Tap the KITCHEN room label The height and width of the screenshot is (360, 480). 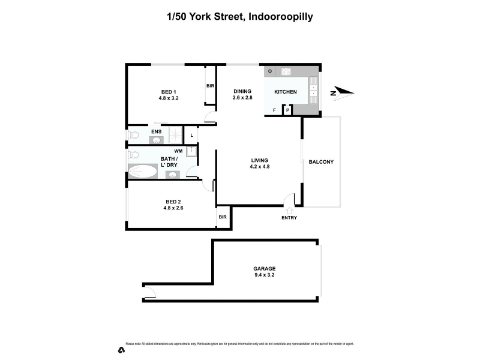pyautogui.click(x=285, y=92)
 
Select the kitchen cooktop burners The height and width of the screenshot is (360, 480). pyautogui.click(x=286, y=71)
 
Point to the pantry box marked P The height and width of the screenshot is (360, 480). pyautogui.click(x=287, y=111)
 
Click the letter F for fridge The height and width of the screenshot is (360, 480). pyautogui.click(x=275, y=110)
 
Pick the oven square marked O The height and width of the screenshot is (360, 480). pyautogui.click(x=270, y=71)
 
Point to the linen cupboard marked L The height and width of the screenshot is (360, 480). pyautogui.click(x=191, y=135)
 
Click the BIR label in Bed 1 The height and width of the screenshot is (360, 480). pyautogui.click(x=211, y=86)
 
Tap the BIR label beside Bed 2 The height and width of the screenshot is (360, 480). pyautogui.click(x=223, y=217)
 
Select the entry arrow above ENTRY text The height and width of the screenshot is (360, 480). pyautogui.click(x=289, y=210)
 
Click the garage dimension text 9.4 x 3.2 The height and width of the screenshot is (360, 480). pyautogui.click(x=264, y=275)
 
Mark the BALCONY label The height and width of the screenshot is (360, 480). pyautogui.click(x=321, y=162)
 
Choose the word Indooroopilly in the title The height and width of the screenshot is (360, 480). pyautogui.click(x=278, y=17)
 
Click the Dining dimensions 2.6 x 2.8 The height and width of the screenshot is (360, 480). pyautogui.click(x=242, y=98)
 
